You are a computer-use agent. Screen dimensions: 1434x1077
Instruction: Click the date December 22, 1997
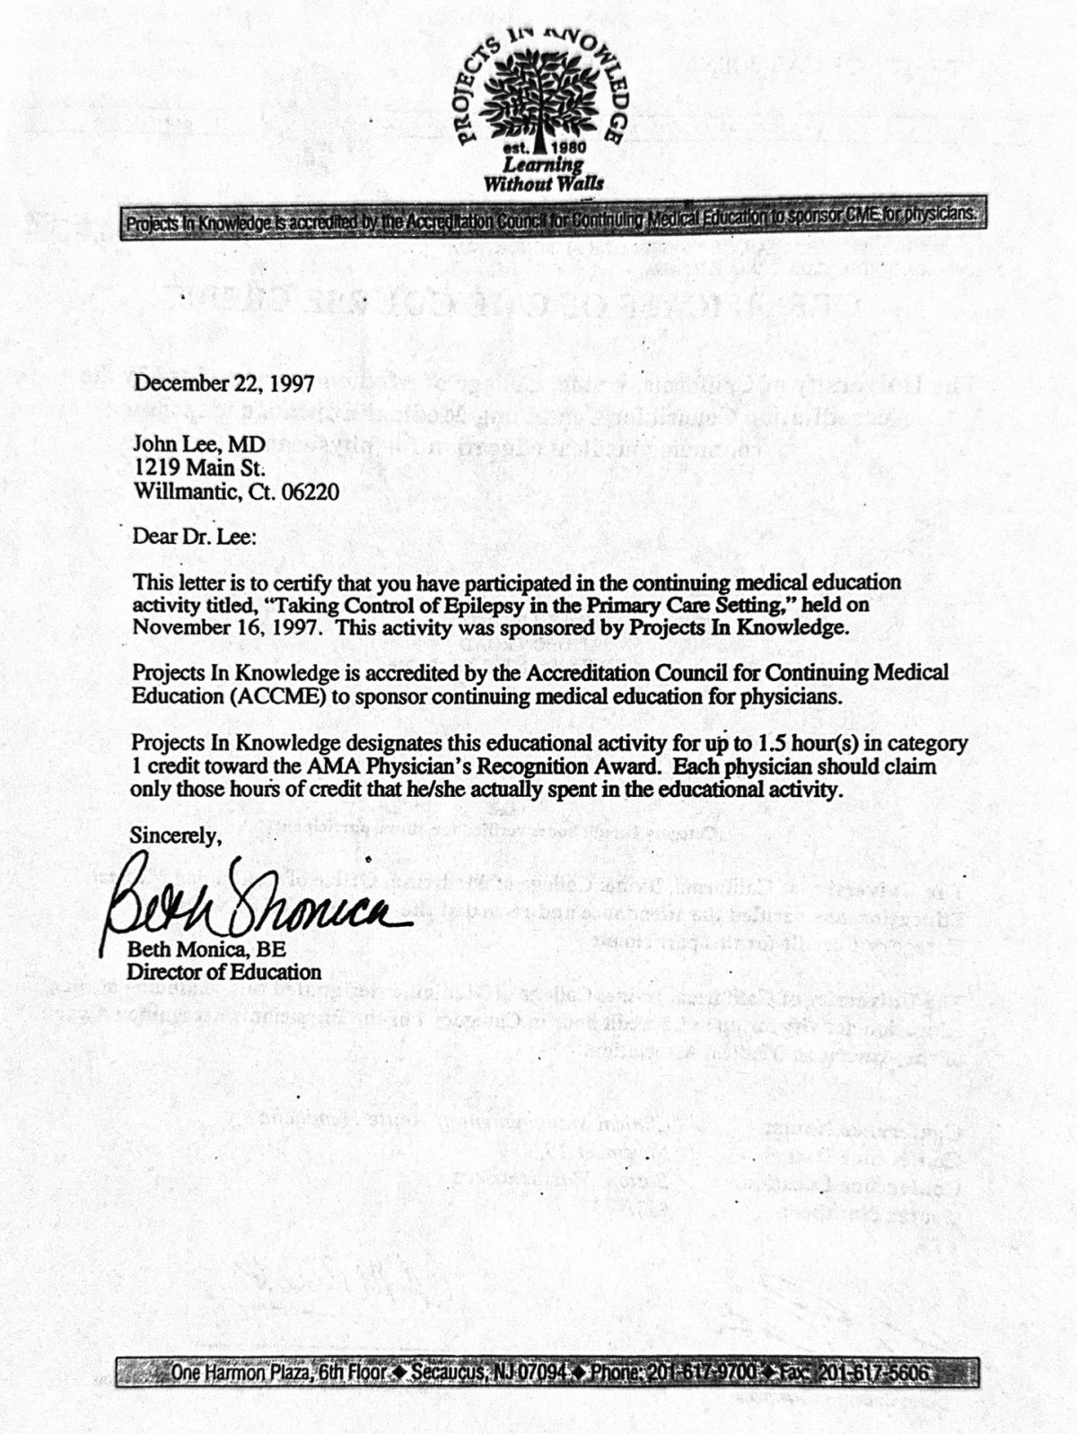point(223,384)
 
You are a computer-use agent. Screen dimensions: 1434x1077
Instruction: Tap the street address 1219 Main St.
point(198,468)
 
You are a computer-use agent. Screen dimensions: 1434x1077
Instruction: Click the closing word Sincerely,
point(176,835)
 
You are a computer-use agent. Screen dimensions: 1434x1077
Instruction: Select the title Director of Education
point(224,972)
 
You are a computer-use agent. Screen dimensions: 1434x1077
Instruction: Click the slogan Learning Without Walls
point(543,174)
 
